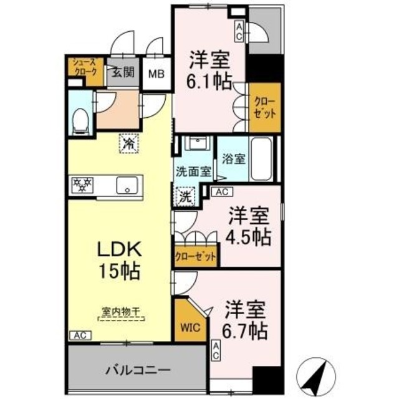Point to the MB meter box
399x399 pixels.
(156, 72)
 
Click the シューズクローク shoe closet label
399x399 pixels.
(85, 65)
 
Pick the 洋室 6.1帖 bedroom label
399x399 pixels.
(210, 69)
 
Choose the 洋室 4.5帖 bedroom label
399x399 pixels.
(248, 226)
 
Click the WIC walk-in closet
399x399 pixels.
(188, 327)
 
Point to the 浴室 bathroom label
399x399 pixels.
(235, 158)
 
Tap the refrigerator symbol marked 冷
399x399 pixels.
(128, 144)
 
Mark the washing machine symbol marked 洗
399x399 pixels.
(186, 198)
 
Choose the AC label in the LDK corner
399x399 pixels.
(78, 335)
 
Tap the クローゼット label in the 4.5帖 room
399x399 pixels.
(196, 256)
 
